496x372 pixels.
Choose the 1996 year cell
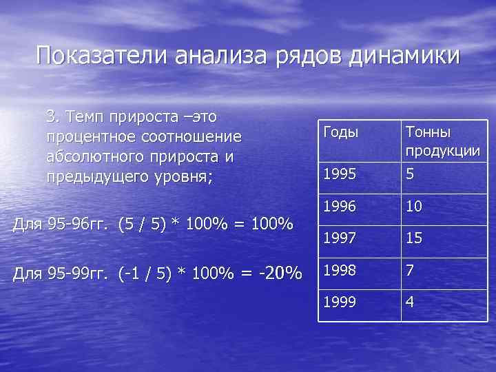[339, 206]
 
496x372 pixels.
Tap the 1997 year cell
[339, 238]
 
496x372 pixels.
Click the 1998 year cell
[339, 271]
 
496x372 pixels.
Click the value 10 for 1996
[414, 206]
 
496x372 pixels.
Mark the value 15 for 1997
[414, 238]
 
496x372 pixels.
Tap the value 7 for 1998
[410, 271]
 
